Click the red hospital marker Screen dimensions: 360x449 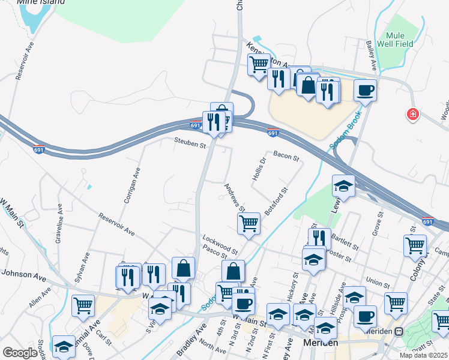[x=412, y=114]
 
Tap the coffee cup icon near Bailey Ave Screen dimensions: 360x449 [x=365, y=91]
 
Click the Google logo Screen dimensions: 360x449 [x=20, y=353]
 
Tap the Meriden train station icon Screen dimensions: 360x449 [x=399, y=331]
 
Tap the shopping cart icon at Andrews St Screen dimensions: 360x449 [x=249, y=223]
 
